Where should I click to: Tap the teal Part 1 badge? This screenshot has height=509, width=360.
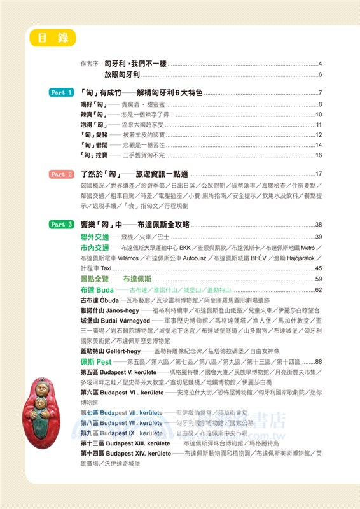tap(62, 93)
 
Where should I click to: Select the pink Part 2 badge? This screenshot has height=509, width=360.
tap(62, 174)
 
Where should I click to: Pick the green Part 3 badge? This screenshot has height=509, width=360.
tap(62, 225)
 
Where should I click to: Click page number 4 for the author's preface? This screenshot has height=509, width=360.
tap(320, 64)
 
